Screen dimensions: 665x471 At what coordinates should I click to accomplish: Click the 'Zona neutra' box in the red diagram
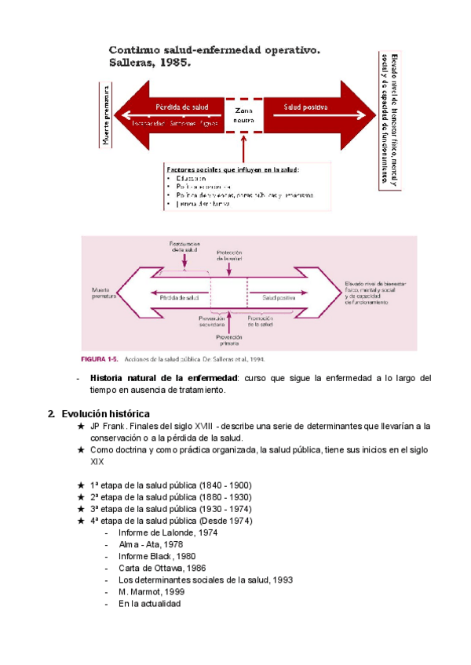(244, 115)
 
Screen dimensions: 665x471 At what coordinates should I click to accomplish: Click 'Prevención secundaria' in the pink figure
(213, 322)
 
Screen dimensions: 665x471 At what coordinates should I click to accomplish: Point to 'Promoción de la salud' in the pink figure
(260, 322)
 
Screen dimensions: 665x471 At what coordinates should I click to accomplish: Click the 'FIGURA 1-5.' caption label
(99, 360)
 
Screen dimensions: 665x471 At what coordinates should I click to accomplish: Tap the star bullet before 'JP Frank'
(82, 426)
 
